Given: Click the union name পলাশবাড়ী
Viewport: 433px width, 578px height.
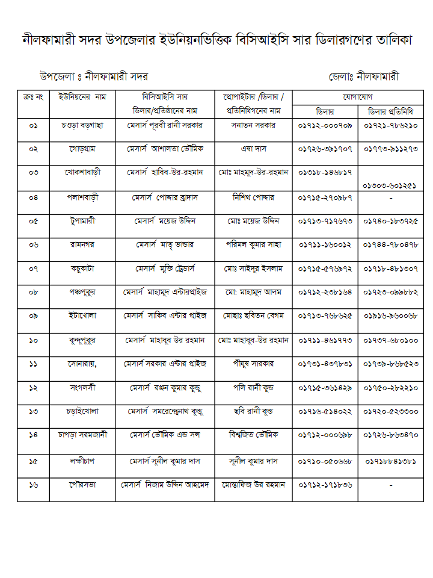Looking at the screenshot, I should point(82,197).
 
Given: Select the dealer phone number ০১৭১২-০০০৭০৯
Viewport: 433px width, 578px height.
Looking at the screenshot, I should point(325,125).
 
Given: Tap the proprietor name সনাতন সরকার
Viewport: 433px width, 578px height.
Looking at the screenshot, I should point(253,125).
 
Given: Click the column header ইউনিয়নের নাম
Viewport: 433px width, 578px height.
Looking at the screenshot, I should point(82,96).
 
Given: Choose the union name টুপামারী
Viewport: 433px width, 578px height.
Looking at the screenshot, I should point(82,221).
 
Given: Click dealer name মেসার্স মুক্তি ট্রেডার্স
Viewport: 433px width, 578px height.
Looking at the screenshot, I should point(164,269).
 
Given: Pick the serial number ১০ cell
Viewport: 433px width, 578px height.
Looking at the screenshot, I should point(33,340).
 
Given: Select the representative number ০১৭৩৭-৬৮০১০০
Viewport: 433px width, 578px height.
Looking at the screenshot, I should point(391,340).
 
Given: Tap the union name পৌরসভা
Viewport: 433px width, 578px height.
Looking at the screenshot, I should point(82,484).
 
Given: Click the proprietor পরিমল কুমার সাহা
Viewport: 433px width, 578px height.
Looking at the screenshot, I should point(253,244).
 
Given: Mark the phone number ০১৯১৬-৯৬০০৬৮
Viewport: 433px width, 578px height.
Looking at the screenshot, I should point(391,316).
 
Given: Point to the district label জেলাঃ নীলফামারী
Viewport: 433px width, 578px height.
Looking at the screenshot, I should point(364,77).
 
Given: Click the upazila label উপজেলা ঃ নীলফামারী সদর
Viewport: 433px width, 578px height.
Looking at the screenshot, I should point(93,77).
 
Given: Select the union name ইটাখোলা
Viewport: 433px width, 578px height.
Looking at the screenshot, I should point(82,316).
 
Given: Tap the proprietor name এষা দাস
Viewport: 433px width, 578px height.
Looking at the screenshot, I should point(253,148).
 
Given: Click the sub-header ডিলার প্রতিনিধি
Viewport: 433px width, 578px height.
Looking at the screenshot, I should point(391,111).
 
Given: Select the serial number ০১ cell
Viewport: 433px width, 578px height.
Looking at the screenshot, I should point(33,125).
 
